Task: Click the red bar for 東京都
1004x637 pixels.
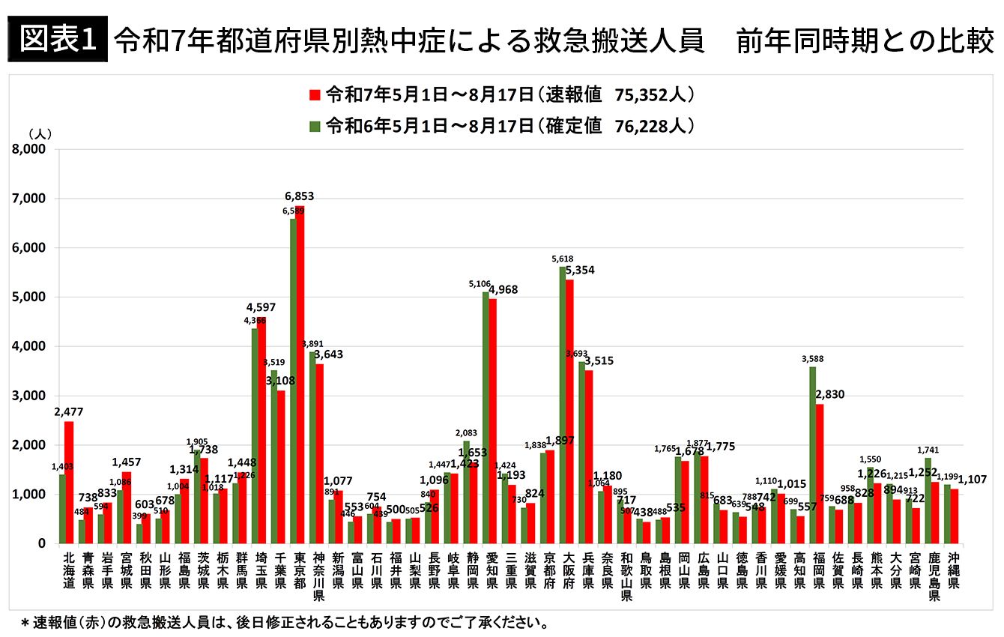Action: pyautogui.click(x=300, y=375)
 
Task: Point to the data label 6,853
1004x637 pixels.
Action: pyautogui.click(x=299, y=196)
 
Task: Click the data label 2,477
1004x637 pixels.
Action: pyautogui.click(x=68, y=411)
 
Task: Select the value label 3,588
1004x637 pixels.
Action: pyautogui.click(x=812, y=358)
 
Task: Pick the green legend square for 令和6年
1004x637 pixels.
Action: pyautogui.click(x=315, y=126)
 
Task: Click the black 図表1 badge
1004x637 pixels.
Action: pyautogui.click(x=57, y=40)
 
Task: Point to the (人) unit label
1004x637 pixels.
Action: pyautogui.click(x=39, y=133)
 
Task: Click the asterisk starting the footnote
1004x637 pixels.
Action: pyautogui.click(x=25, y=623)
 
